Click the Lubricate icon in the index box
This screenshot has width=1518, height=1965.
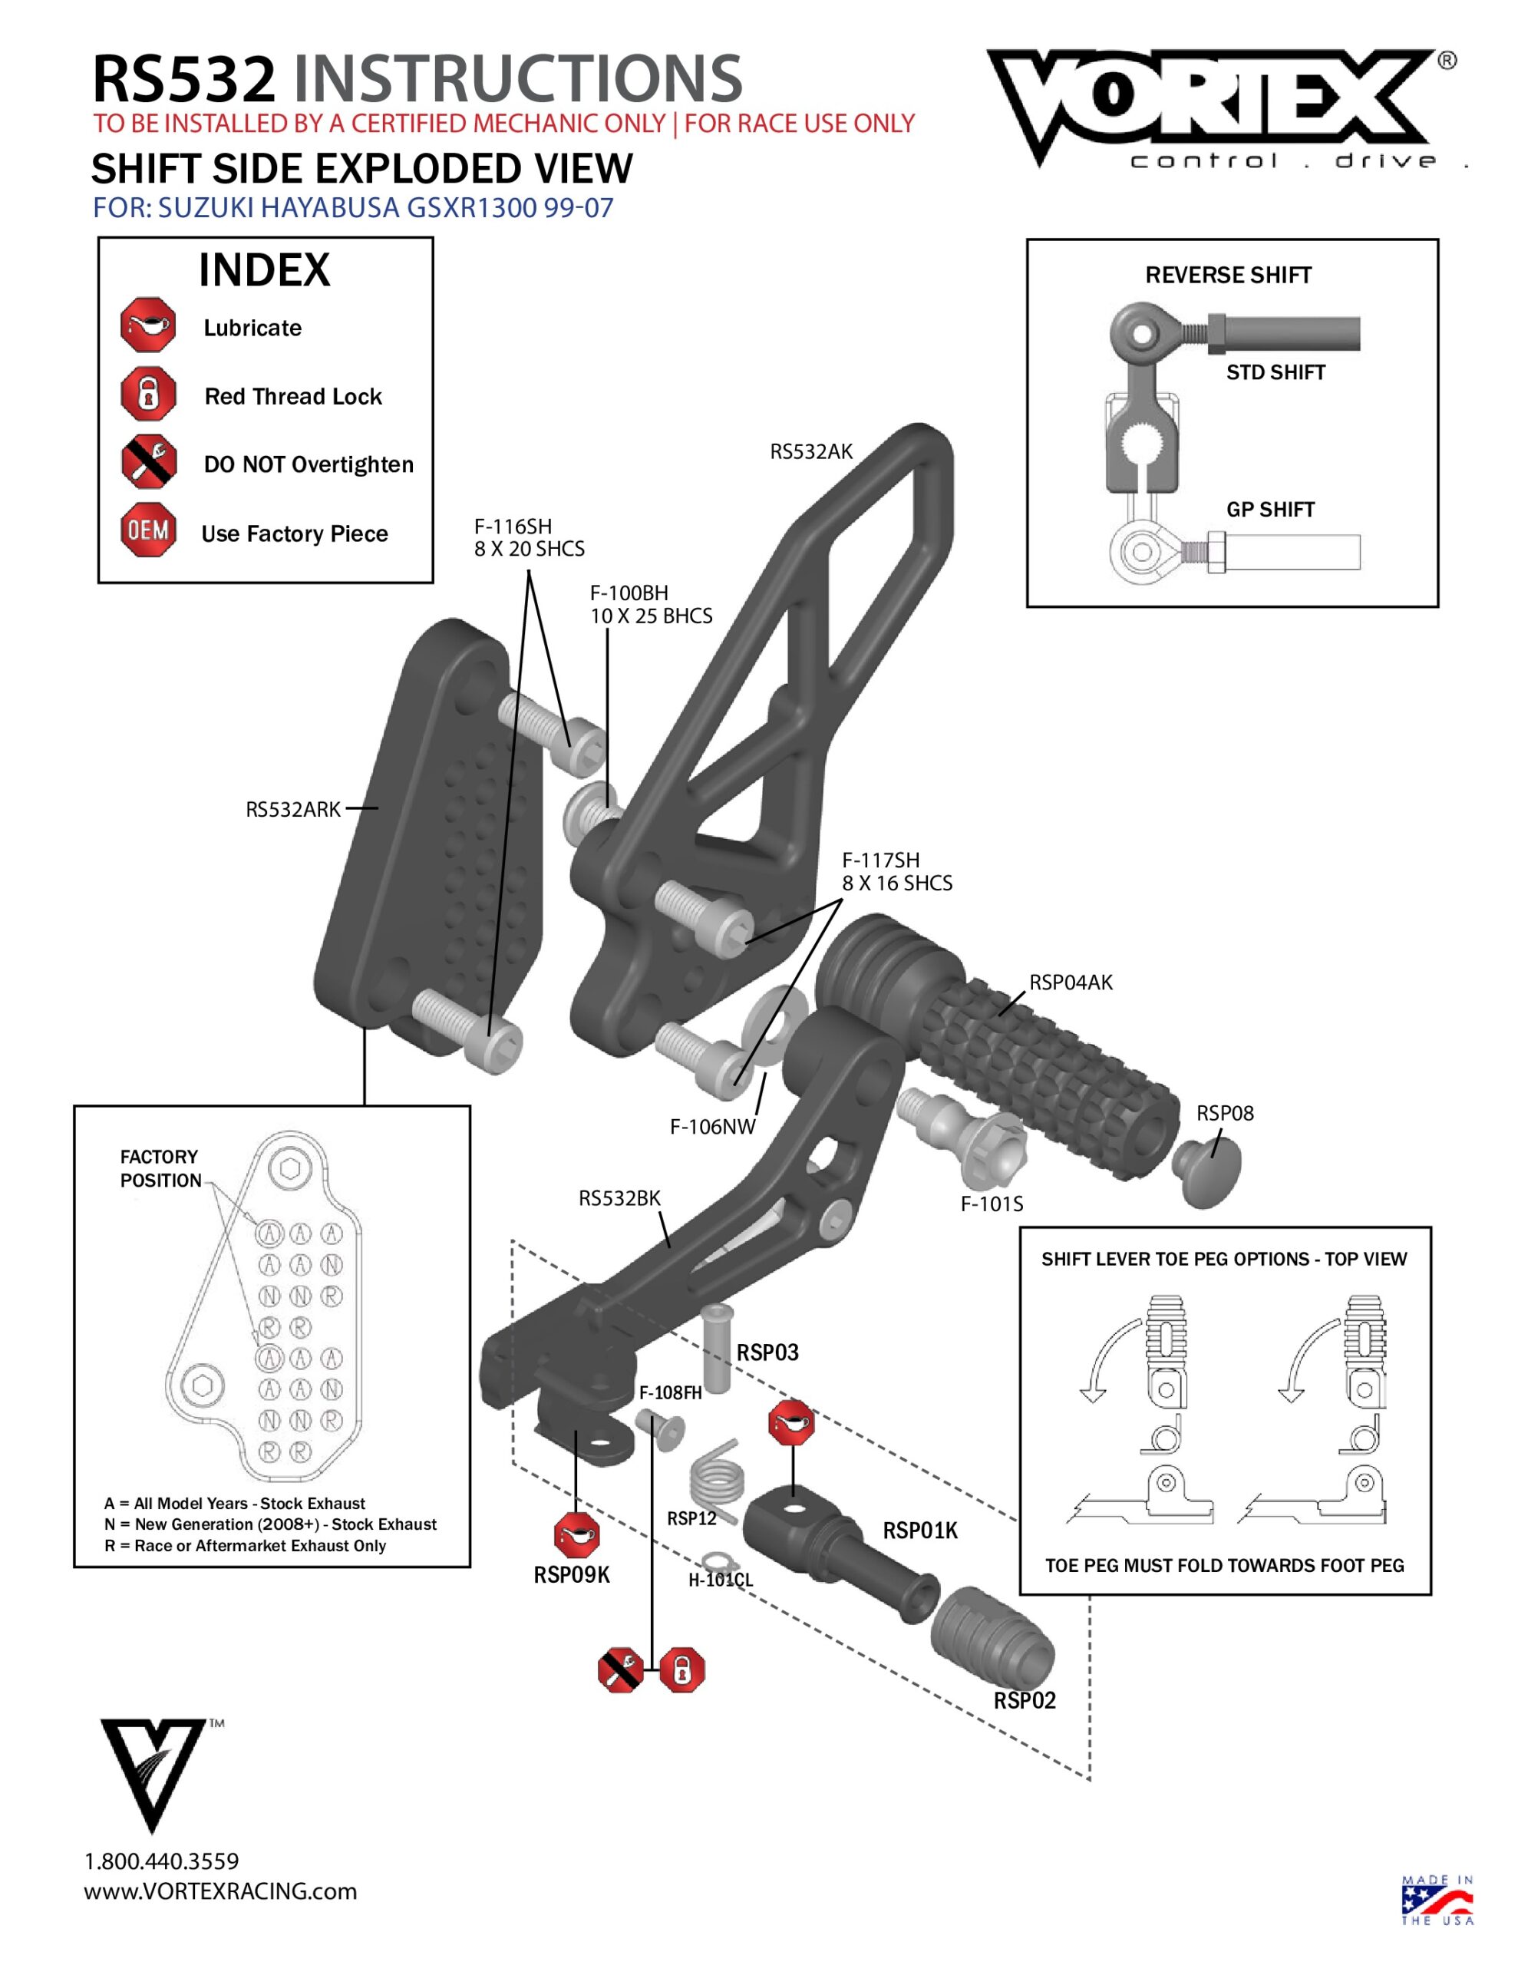click(147, 325)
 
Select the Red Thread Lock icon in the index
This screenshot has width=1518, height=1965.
click(147, 394)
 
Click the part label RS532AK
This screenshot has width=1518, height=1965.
click(810, 451)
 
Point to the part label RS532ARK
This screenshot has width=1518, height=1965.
click(292, 809)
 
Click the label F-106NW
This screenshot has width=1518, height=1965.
click(711, 1127)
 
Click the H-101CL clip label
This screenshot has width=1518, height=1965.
click(720, 1580)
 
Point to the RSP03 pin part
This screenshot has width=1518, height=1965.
click(716, 1347)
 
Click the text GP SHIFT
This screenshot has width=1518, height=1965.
click(1269, 509)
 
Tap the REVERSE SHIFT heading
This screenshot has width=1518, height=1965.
click(1227, 276)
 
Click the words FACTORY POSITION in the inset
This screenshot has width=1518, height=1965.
click(160, 1167)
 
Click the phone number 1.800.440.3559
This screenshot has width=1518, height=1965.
click(162, 1861)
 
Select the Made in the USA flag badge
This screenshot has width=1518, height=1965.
click(1436, 1901)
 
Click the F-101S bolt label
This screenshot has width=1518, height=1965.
click(991, 1204)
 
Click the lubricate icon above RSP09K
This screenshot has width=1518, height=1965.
click(575, 1534)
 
